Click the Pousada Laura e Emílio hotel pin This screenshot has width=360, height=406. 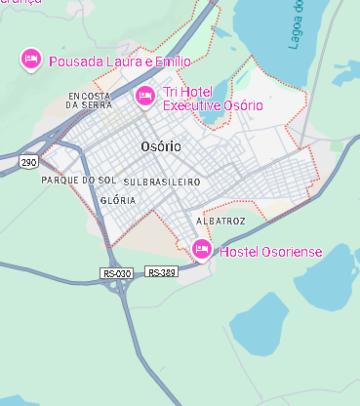tap(30, 60)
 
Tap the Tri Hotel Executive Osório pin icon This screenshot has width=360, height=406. tap(144, 95)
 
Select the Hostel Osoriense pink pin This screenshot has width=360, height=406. tap(202, 250)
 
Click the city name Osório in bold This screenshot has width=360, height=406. tap(161, 146)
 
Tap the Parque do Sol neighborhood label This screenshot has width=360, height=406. tap(78, 182)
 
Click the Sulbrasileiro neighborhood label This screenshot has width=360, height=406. tap(162, 183)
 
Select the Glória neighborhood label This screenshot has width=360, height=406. tap(118, 200)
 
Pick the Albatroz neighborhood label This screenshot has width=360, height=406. tap(220, 222)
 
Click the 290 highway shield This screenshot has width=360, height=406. tap(29, 161)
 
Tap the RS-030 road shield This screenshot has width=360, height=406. tap(115, 273)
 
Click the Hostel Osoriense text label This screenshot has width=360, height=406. tap(271, 252)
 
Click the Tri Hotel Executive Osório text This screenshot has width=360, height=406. tap(213, 99)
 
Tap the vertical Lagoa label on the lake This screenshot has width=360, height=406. tap(296, 24)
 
